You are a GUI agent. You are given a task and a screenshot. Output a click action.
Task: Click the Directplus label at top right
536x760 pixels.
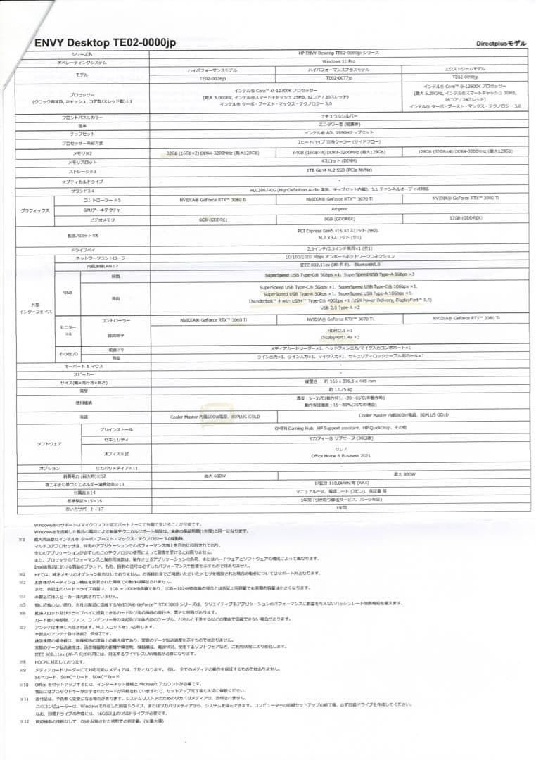pos(499,44)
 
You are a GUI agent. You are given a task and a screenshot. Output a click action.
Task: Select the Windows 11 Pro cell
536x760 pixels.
pos(340,62)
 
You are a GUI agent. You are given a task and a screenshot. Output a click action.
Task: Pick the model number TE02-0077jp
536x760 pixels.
pos(340,78)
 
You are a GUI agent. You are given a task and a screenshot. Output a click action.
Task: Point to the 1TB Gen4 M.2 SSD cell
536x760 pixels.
pos(340,170)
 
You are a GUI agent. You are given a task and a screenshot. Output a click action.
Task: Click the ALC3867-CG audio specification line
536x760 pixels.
pos(340,189)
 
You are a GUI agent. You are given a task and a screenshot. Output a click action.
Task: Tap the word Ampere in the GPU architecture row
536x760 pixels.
pos(340,209)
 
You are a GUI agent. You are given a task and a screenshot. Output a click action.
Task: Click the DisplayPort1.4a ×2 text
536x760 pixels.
pos(340,337)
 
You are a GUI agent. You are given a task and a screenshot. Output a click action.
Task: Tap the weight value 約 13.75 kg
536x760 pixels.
pos(340,389)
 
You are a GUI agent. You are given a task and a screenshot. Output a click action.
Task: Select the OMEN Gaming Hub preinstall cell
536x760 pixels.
pos(340,429)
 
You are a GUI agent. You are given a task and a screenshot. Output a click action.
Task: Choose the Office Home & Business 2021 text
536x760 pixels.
pos(340,456)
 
